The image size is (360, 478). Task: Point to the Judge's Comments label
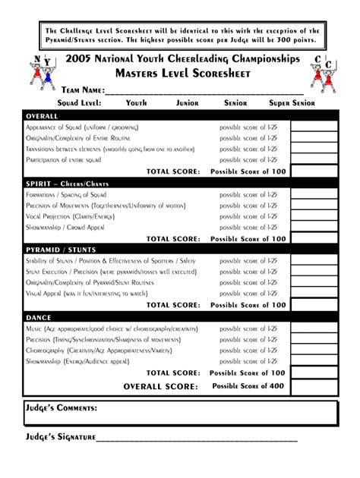click(61, 409)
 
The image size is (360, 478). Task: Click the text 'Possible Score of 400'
click(248, 386)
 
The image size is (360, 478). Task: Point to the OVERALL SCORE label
click(162, 386)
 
